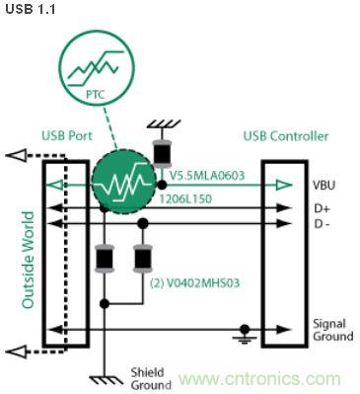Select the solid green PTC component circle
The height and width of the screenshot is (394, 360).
[123, 184]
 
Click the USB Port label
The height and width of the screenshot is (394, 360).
[66, 135]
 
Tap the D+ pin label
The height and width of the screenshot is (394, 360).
[322, 208]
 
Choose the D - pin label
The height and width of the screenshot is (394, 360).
[323, 224]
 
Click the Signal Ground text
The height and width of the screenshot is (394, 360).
[332, 330]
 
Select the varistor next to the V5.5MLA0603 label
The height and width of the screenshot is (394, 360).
[159, 154]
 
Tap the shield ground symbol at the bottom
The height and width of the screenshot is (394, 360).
[102, 376]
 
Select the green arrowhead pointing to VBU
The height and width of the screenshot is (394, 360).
[286, 185]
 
